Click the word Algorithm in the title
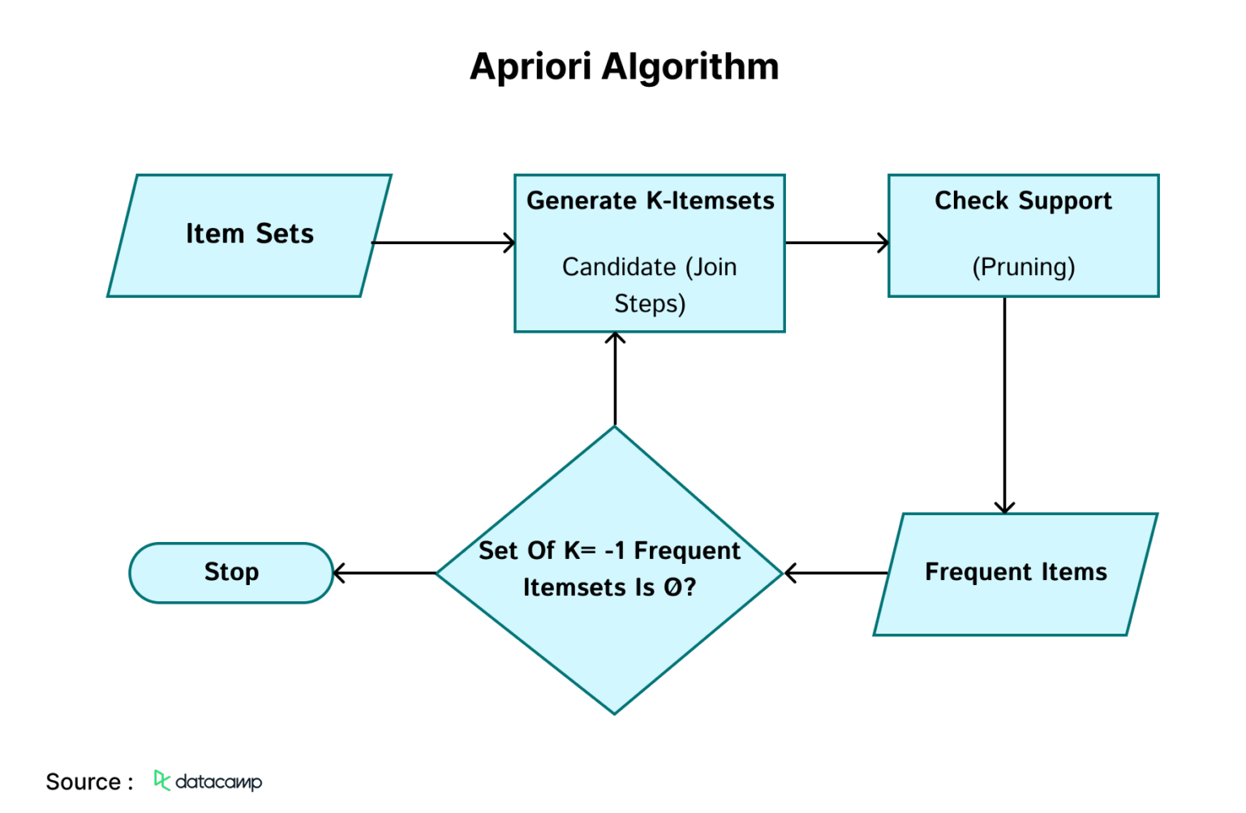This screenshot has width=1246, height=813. point(690,67)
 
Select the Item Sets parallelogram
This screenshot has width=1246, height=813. point(249,235)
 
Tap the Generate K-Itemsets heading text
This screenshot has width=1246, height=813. point(651,200)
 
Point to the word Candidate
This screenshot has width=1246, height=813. point(619,267)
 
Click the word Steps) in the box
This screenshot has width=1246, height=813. point(650,303)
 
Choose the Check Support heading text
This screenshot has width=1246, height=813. point(1023,201)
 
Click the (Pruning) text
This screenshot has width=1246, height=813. point(1024,267)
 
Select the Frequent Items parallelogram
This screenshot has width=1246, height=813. point(1016,574)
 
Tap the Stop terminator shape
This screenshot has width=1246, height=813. point(231,573)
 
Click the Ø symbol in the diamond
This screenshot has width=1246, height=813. point(673,587)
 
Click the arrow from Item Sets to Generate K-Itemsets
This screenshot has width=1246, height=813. point(444,243)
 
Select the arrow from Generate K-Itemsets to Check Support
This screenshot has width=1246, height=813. point(837,243)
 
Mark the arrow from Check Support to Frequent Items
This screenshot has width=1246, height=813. point(1004,405)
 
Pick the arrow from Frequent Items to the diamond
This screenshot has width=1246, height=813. point(836,573)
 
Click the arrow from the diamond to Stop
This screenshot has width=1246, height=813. point(385,573)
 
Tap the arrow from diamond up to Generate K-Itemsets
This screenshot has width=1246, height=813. point(615,378)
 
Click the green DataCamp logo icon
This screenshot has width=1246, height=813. point(161,781)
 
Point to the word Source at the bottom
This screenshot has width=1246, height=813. point(83,782)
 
